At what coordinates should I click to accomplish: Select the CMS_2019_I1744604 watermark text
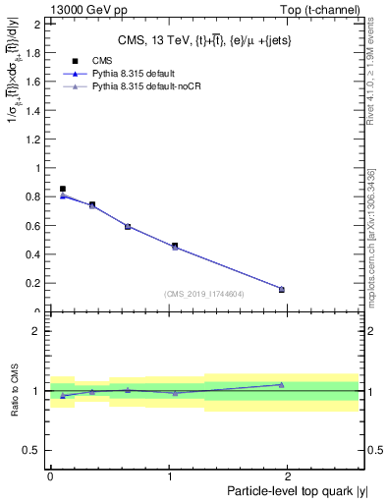click(204, 294)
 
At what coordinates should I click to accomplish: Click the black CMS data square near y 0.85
click(63, 189)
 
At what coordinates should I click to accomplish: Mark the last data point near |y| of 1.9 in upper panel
click(282, 289)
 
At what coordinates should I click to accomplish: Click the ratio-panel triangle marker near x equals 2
click(282, 385)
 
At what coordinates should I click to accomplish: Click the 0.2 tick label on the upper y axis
click(35, 283)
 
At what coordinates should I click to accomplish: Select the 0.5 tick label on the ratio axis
click(34, 450)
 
